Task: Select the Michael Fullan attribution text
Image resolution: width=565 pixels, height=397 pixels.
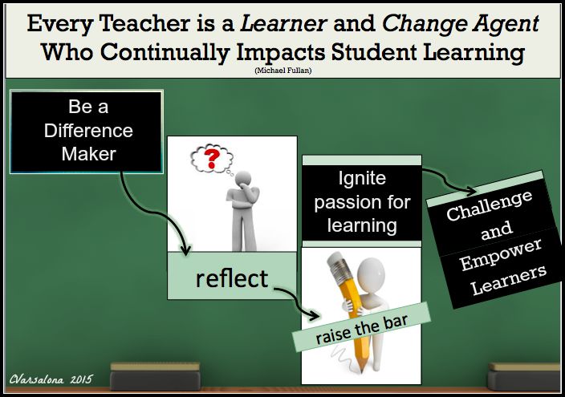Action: [x=282, y=71]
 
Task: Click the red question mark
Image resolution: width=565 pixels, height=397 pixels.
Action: [x=212, y=157]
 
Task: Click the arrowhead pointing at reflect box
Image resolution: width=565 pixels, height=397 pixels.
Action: [x=186, y=254]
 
